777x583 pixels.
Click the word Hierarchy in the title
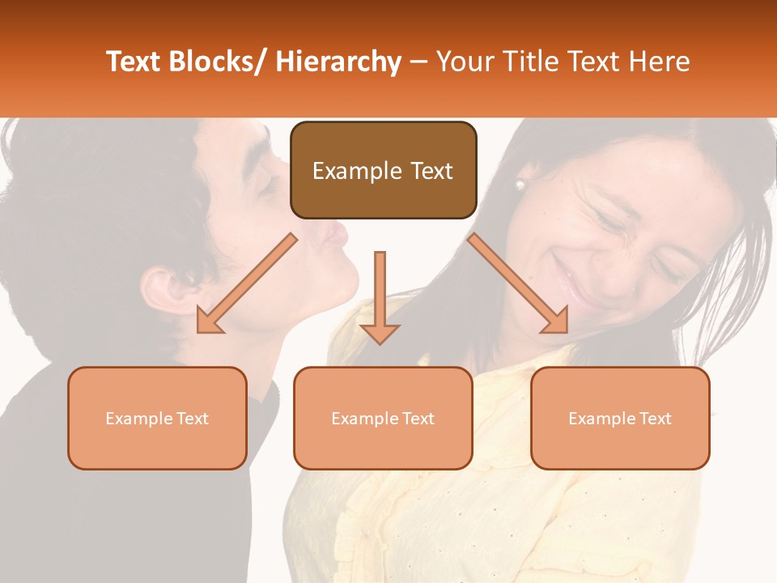click(x=338, y=62)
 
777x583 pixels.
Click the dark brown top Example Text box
click(x=383, y=171)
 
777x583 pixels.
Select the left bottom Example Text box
click(x=157, y=419)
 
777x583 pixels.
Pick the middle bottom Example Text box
click(x=383, y=419)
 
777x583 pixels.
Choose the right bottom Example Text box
click(x=620, y=419)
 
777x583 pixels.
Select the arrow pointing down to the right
click(x=519, y=284)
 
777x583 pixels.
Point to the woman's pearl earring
click(x=520, y=185)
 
